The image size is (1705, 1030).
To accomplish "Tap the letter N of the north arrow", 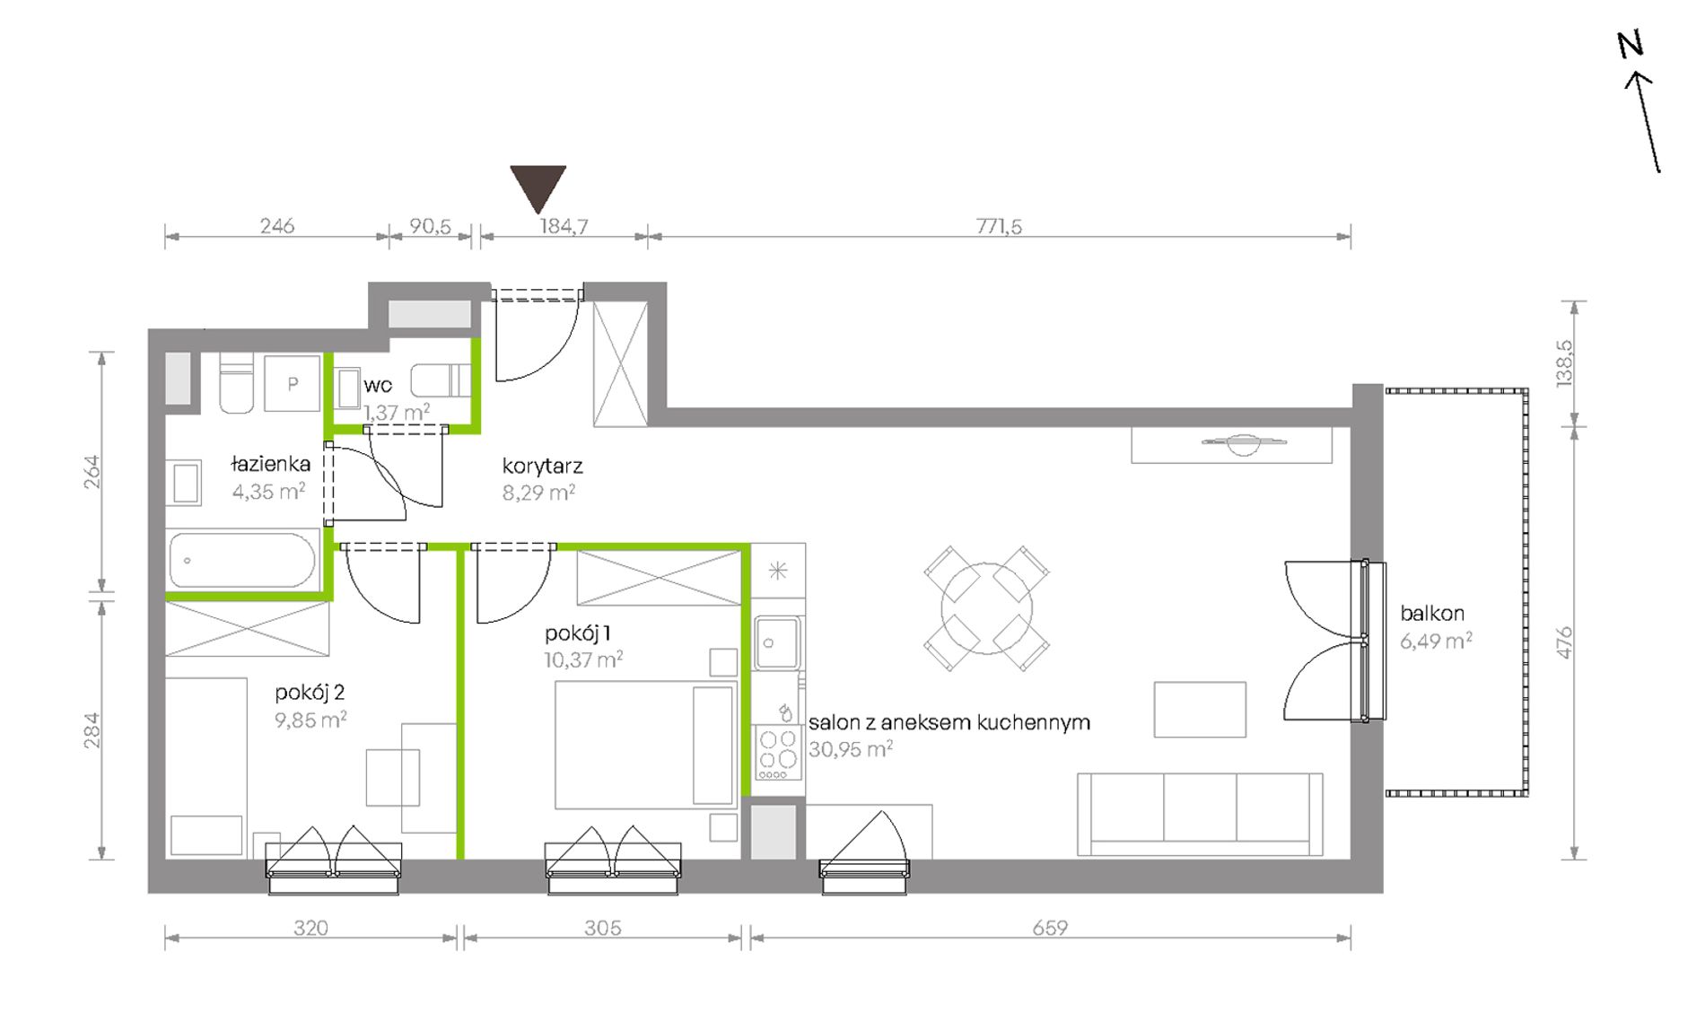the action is click(1631, 45).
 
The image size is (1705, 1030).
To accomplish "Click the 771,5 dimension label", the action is click(999, 226).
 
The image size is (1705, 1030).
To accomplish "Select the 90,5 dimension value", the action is click(431, 226).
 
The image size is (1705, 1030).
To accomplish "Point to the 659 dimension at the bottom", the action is click(1050, 928).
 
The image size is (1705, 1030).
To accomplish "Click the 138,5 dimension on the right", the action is click(1565, 363).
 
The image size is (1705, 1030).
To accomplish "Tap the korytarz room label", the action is click(542, 467).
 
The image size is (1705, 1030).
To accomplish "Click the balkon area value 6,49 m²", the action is click(1436, 641).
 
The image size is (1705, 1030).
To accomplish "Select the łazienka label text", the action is click(270, 464).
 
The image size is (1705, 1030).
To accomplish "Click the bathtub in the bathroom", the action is click(242, 560).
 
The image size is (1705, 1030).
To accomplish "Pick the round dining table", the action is click(986, 608).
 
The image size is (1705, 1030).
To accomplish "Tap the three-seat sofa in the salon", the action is click(1200, 814).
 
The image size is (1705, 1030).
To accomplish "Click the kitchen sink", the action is click(777, 642).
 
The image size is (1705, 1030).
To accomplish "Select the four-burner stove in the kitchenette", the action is click(778, 753).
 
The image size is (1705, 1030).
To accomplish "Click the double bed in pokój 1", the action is click(645, 745).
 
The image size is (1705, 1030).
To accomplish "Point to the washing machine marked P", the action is click(293, 383).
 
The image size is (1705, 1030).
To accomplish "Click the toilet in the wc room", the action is click(441, 380).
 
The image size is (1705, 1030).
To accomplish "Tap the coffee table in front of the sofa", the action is click(1200, 710).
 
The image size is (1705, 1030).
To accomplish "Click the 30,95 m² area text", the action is click(850, 749).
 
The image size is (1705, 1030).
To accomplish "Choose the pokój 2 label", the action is click(310, 693).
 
